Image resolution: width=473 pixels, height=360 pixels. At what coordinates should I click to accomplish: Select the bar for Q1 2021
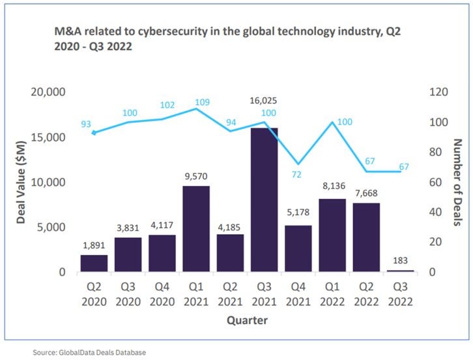point(196,228)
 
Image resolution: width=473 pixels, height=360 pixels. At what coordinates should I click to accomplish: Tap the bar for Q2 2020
point(94,263)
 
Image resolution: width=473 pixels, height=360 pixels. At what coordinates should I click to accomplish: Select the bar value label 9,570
point(196,177)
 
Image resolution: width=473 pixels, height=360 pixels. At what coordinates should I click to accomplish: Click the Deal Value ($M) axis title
point(21,184)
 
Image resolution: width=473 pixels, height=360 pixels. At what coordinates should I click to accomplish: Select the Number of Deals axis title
point(457,183)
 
